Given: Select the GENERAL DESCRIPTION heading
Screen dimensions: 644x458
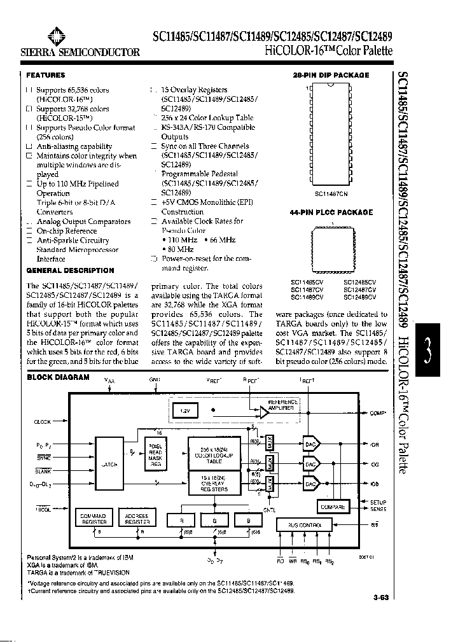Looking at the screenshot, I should pos(70,270).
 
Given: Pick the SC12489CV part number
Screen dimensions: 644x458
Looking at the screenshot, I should pos(360,297).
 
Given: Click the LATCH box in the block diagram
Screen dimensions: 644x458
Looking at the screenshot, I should pos(109,464).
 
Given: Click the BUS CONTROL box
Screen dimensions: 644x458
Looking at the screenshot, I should pos(305,525).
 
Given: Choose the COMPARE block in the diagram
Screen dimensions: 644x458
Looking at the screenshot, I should pos(333,507).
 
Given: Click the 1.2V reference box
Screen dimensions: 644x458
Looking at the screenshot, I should pos(184,411).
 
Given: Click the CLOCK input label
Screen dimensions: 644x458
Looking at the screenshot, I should pos(42,422).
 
